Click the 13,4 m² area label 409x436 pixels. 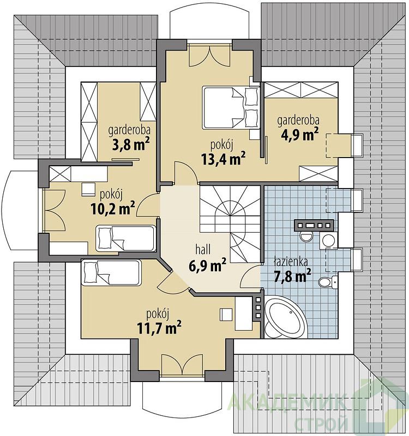(224, 159)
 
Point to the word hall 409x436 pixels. (203, 250)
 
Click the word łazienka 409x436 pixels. (291, 262)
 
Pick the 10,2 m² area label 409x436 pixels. (113, 209)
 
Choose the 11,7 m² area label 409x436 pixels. (159, 328)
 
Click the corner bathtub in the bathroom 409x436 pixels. (285, 318)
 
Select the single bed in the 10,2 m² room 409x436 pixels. (125, 238)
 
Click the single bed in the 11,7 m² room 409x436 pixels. (111, 273)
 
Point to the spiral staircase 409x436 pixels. (230, 224)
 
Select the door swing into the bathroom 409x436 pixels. (250, 276)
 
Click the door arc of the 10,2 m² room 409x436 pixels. (147, 205)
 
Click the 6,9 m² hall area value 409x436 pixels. (207, 265)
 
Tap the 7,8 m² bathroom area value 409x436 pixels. (292, 276)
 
